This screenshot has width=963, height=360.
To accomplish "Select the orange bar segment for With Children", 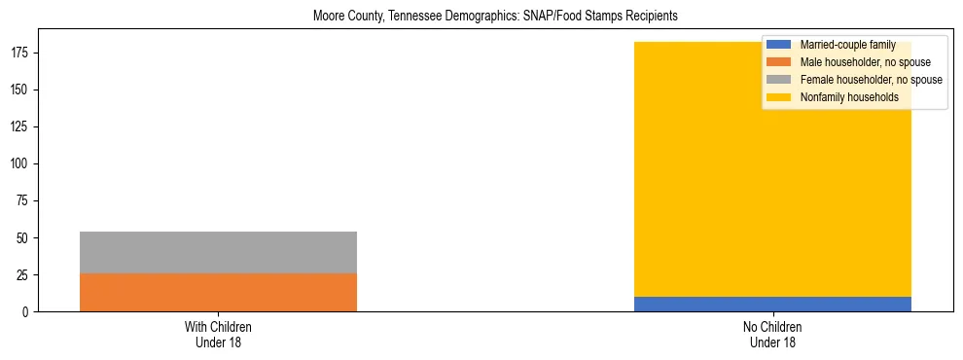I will point(218,292).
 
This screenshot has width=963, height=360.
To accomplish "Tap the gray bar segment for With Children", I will point(218,252).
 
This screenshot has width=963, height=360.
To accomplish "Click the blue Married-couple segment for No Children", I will point(772,304).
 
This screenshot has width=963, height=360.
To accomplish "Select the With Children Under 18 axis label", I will point(218,334).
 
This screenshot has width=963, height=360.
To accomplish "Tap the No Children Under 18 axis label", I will point(772,334).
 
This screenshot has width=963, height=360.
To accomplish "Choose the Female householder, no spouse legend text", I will point(871,80).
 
